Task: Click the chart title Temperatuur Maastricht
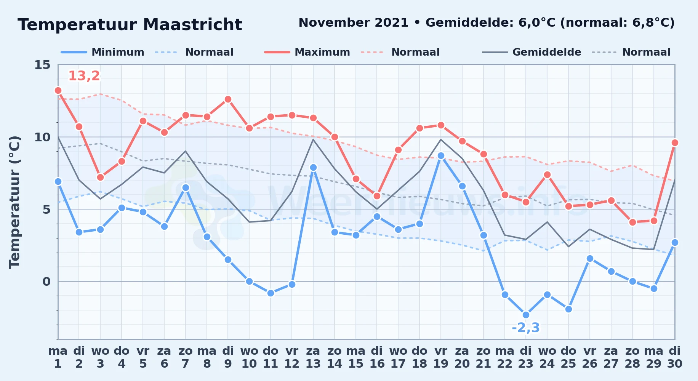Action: point(130,25)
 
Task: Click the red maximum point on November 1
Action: point(58,90)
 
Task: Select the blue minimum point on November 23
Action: point(526,315)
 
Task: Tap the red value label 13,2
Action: point(84,76)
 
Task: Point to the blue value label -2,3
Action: point(526,328)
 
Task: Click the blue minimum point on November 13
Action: point(313,167)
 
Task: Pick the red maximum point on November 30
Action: point(675,142)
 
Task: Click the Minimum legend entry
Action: point(102,52)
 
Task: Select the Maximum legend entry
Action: point(307,52)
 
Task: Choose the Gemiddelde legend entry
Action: point(532,52)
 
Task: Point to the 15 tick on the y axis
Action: point(42,65)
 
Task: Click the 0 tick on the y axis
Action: point(46,282)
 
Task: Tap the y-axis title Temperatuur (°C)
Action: point(14,202)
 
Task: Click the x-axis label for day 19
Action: point(441,357)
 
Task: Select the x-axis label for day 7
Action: point(186,357)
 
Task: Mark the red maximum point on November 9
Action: point(228,99)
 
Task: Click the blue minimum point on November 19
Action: point(441,155)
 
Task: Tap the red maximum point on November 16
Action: point(377,196)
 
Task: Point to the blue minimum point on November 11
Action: point(271,293)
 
